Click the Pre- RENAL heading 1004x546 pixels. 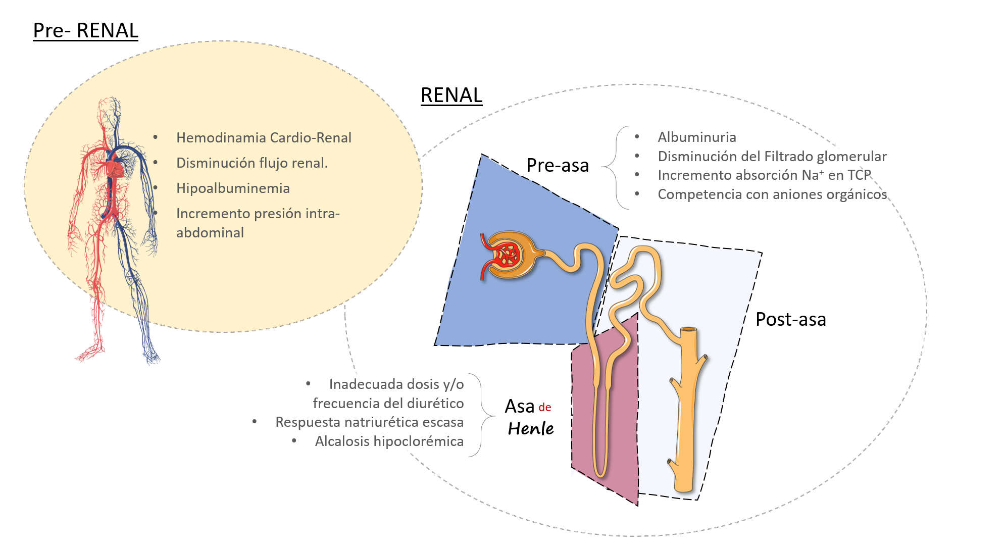(85, 31)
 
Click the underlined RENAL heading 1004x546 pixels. (451, 95)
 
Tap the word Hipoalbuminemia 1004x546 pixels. (233, 188)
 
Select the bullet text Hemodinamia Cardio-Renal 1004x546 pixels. (264, 138)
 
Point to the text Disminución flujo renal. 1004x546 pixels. (252, 163)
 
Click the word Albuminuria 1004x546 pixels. (696, 137)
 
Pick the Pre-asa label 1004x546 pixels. (558, 166)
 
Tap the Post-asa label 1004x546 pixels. (790, 320)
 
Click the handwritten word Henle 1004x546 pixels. (531, 429)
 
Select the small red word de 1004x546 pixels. (544, 408)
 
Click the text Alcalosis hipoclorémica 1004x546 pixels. (389, 441)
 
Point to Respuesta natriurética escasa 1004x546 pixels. (369, 422)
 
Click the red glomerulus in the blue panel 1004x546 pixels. (507, 255)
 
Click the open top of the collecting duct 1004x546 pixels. (689, 330)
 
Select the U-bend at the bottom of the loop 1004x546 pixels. (600, 472)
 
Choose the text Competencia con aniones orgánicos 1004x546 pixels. (772, 194)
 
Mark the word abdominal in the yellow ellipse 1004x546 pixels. (210, 233)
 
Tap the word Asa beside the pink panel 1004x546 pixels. (520, 407)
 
